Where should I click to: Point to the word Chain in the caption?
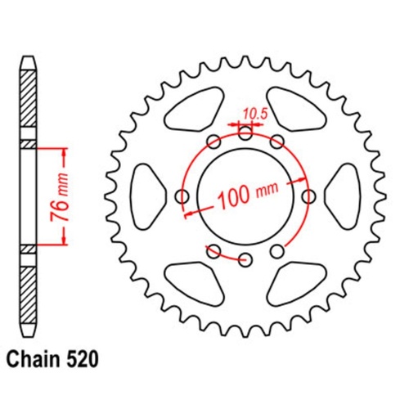(x=35, y=357)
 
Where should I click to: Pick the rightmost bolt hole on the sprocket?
(x=309, y=196)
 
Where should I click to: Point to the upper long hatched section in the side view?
(x=29, y=103)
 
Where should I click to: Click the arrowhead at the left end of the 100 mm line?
(x=189, y=213)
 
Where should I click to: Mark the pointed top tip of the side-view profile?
(x=29, y=57)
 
